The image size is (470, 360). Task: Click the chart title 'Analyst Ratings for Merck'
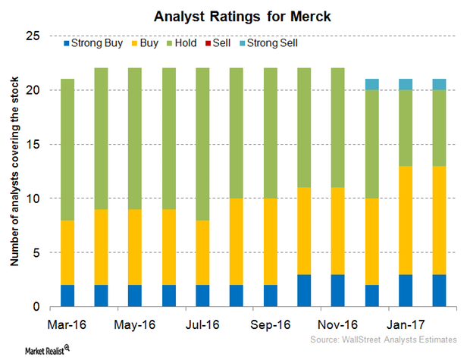[234, 14]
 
